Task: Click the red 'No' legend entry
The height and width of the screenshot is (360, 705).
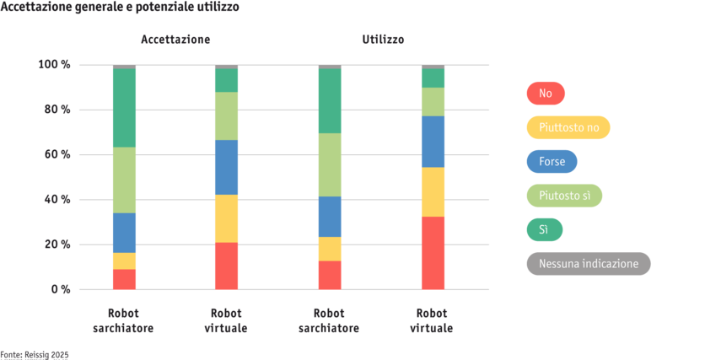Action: pyautogui.click(x=545, y=93)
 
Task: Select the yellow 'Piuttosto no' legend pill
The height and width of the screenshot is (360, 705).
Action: pyautogui.click(x=568, y=127)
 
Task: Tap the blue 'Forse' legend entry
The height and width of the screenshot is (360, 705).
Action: pyautogui.click(x=551, y=161)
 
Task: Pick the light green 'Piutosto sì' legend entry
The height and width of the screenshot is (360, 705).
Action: pyautogui.click(x=564, y=196)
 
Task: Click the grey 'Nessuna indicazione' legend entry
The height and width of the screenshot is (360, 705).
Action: pyautogui.click(x=588, y=264)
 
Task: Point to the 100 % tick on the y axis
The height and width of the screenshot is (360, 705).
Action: pyautogui.click(x=54, y=65)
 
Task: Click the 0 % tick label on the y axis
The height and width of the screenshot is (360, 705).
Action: pyautogui.click(x=59, y=289)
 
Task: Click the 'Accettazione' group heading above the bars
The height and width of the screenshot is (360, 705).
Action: pyautogui.click(x=175, y=40)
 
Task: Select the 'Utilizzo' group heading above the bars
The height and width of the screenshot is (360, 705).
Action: pyautogui.click(x=382, y=40)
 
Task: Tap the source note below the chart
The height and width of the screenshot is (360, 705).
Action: pyautogui.click(x=35, y=355)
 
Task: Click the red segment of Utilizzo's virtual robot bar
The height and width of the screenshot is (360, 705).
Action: pyautogui.click(x=433, y=253)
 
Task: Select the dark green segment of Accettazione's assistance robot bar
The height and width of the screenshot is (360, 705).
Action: pyautogui.click(x=124, y=108)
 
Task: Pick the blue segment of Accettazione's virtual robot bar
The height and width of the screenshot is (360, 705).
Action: pyautogui.click(x=226, y=167)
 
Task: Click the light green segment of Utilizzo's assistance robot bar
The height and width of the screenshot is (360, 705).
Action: pyautogui.click(x=330, y=164)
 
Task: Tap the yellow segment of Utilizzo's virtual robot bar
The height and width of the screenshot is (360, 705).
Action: pyautogui.click(x=433, y=191)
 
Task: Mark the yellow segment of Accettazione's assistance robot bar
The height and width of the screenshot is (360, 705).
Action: pyautogui.click(x=124, y=261)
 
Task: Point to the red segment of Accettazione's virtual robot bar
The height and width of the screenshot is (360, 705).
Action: pyautogui.click(x=226, y=266)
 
